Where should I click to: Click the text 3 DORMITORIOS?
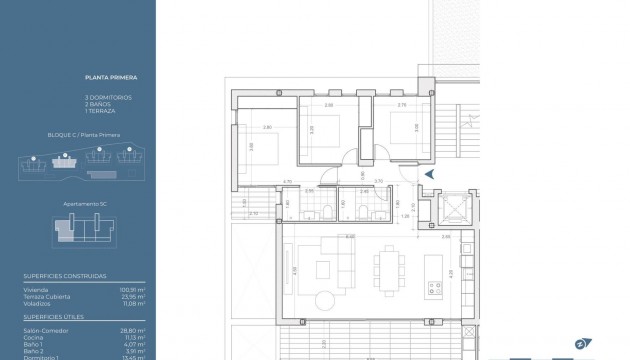coord(109,96)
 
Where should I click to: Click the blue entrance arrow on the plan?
coord(429,174)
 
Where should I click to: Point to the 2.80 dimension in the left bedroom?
coord(267,127)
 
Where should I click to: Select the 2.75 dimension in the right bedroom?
coord(401,105)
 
